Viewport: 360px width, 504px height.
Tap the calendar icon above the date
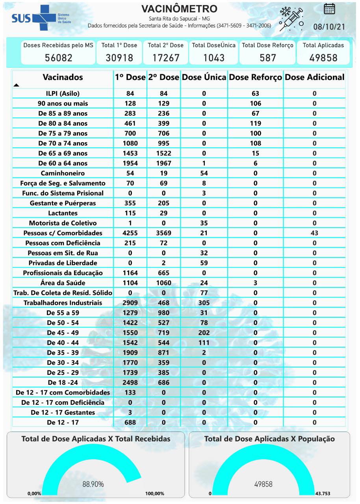(329, 9)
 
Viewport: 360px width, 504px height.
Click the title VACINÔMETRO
(179, 9)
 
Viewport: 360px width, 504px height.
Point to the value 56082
(58, 58)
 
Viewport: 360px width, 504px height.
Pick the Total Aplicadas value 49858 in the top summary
(323, 58)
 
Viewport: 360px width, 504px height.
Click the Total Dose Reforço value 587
(268, 58)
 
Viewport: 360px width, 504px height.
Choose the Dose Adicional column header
(314, 77)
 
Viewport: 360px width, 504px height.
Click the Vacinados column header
(63, 77)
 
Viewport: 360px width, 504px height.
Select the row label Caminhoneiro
(63, 173)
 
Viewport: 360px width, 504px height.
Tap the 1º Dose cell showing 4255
(130, 233)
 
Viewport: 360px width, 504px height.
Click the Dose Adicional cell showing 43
(314, 233)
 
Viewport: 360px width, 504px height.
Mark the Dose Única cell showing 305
(204, 303)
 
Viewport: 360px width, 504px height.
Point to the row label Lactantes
(63, 213)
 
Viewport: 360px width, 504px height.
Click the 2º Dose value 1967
(163, 163)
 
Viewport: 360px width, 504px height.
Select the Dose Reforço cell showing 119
(255, 123)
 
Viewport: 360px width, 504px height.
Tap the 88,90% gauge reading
(93, 484)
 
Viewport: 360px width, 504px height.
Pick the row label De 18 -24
(63, 383)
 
